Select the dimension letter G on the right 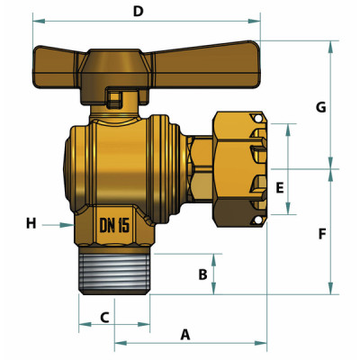[320, 107]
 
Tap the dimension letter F [321, 233]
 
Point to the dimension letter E [280, 188]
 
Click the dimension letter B [203, 274]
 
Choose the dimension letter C [104, 317]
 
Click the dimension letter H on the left [31, 223]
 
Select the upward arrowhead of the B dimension [213, 258]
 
